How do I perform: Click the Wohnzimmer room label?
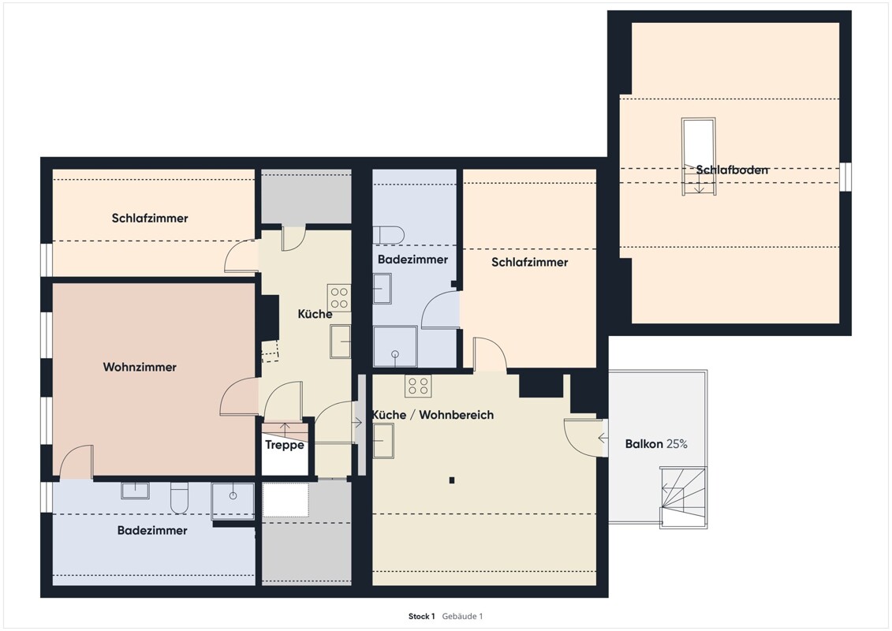(140, 367)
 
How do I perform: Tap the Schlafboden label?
(732, 170)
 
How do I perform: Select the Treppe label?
(285, 444)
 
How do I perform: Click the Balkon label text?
(644, 444)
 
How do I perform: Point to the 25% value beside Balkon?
(677, 444)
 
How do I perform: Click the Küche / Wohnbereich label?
(433, 415)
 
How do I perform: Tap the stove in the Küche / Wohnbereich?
(418, 386)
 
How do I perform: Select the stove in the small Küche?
(339, 298)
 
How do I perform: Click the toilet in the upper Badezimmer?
(389, 235)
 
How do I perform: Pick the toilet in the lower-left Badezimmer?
(179, 498)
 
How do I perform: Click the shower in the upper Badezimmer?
(395, 346)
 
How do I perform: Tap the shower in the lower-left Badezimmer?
(233, 502)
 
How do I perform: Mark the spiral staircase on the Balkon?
(683, 498)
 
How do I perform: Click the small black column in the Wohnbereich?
(452, 480)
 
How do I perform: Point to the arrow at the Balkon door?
(603, 438)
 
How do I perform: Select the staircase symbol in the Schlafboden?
(699, 157)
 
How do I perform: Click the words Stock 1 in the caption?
(421, 616)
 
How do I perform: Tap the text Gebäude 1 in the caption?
(462, 616)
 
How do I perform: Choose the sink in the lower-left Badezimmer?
(136, 491)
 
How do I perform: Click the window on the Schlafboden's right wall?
(846, 177)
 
